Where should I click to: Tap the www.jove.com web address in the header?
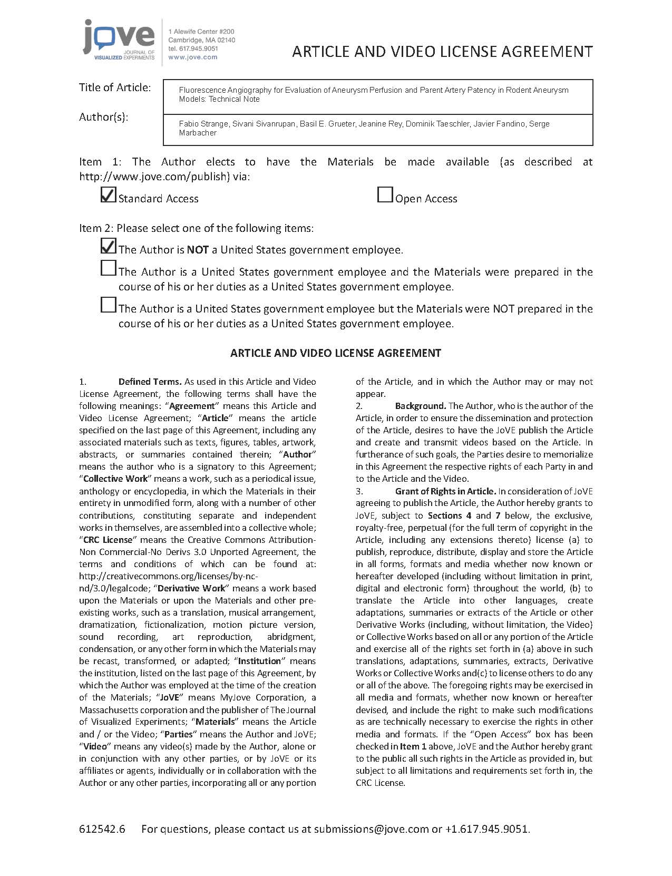point(192,57)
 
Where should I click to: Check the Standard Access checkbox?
point(108,195)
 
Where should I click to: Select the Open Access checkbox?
point(385,195)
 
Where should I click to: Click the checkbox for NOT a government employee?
point(108,246)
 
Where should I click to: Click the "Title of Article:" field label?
point(115,87)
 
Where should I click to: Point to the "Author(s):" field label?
point(104,117)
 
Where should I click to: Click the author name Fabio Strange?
point(203,124)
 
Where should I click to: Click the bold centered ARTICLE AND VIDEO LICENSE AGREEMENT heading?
point(336,353)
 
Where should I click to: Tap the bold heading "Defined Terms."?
point(150,382)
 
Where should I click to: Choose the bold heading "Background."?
point(421,406)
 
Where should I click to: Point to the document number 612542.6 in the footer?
point(102,829)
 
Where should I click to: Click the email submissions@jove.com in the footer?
point(371,829)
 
